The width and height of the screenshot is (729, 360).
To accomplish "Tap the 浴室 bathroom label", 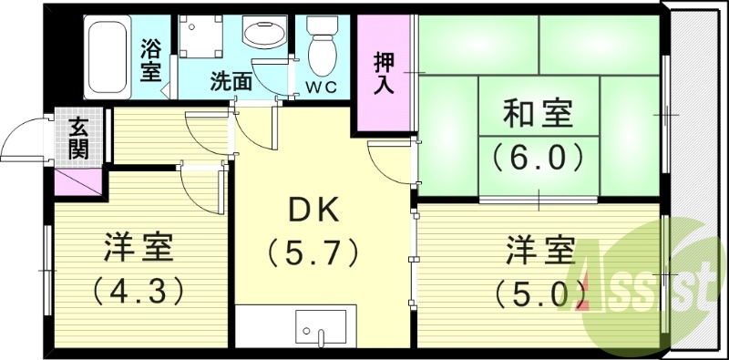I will point(150,58).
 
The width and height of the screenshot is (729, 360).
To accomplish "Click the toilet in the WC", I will point(322,46).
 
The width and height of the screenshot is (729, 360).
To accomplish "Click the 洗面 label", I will point(231,80).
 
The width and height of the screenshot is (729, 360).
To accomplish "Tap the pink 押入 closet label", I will point(384,72).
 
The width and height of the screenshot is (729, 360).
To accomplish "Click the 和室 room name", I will point(539,116).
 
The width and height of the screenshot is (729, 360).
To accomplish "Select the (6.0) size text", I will point(539,159).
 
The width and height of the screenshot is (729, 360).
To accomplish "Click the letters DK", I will point(314,211).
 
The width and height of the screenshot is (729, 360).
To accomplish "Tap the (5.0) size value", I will point(539,293).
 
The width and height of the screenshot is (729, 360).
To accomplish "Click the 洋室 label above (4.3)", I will point(139,249).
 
